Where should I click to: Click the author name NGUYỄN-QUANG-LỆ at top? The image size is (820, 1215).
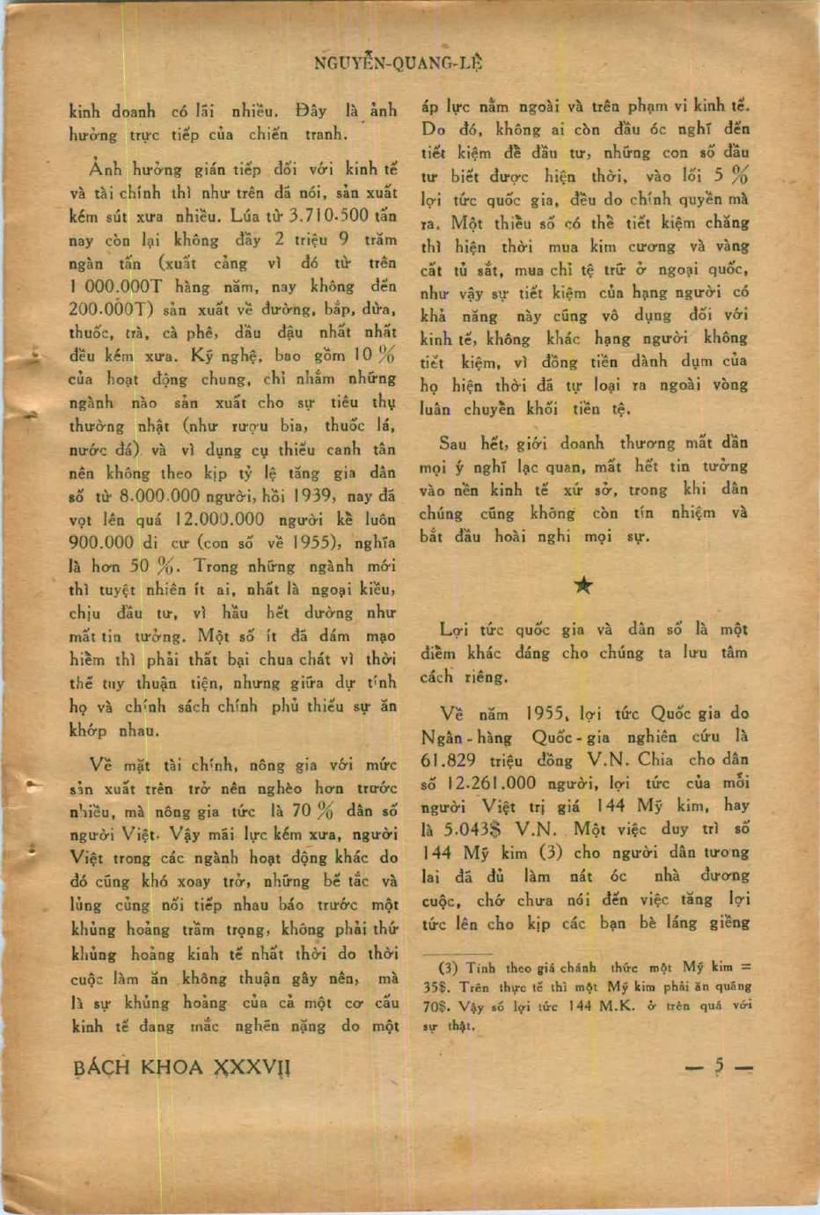pyautogui.click(x=398, y=63)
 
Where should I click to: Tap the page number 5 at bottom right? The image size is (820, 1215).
pyautogui.click(x=719, y=1066)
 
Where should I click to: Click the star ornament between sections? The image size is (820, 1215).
pyautogui.click(x=582, y=586)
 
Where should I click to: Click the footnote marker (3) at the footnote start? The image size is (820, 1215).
pyautogui.click(x=448, y=967)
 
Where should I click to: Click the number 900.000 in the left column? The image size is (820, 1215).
pyautogui.click(x=101, y=542)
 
